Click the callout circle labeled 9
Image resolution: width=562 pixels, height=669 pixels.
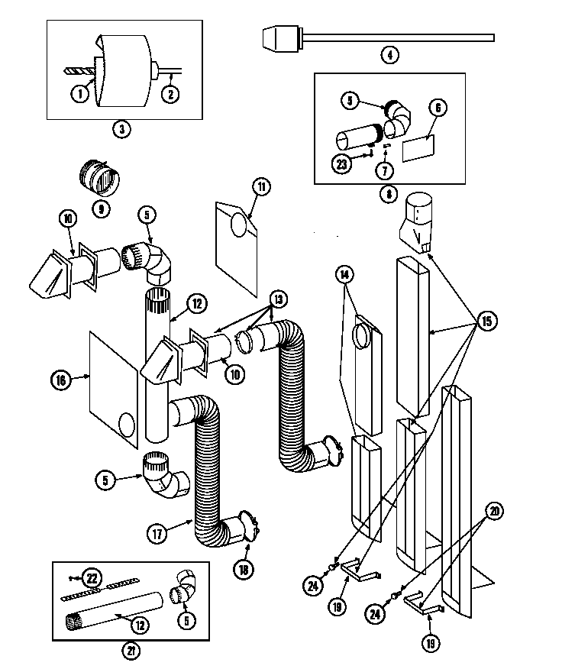pyautogui.click(x=99, y=206)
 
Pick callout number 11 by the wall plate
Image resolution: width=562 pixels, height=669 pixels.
pyautogui.click(x=262, y=186)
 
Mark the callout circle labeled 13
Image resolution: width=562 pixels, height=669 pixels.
pyautogui.click(x=279, y=298)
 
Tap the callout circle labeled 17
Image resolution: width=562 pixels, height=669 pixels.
pyautogui.click(x=157, y=534)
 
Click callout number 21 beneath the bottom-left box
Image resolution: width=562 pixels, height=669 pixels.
pyautogui.click(x=121, y=651)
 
